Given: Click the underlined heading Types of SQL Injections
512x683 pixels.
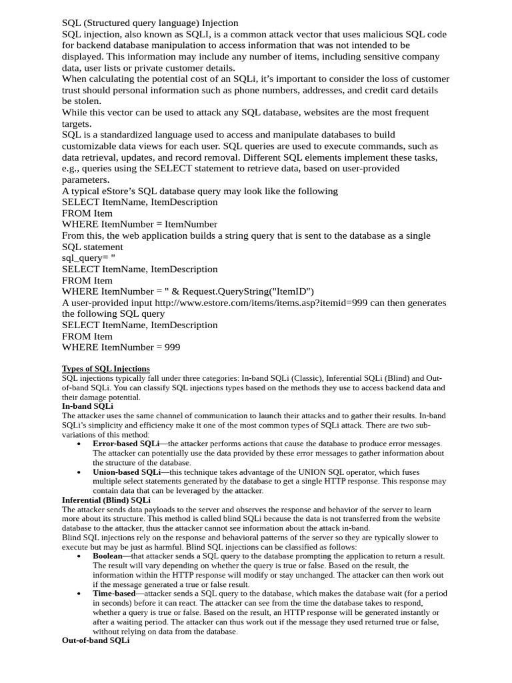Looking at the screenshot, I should [x=105, y=369].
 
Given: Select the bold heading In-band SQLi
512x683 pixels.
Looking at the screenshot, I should [x=87, y=406].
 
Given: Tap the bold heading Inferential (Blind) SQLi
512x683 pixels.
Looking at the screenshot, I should [x=106, y=500].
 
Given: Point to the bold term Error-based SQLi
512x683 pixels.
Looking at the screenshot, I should [x=126, y=444].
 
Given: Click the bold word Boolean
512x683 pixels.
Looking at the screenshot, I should [x=108, y=556].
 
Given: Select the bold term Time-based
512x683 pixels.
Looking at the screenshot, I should [x=114, y=594].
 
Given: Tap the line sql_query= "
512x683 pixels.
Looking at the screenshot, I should [x=89, y=258].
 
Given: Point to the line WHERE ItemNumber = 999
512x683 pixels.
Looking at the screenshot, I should [x=121, y=348].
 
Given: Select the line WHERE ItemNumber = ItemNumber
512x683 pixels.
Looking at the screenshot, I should [x=139, y=224].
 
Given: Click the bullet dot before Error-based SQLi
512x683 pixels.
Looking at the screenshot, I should [x=79, y=444].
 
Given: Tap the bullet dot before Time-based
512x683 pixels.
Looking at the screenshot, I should [x=79, y=594].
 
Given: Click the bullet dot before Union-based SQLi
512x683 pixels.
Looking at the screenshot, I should [x=79, y=472].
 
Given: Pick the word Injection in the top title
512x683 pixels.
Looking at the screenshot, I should [x=215, y=23].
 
